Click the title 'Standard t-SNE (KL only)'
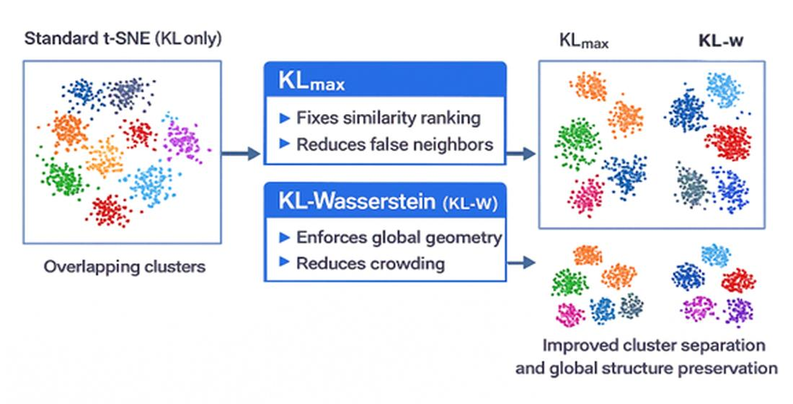coord(123,39)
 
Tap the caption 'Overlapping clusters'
coord(125,267)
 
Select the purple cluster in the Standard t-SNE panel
coord(182,141)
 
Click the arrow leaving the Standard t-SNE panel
coord(241,153)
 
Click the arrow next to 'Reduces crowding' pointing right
coord(521,263)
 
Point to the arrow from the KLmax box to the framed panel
coord(521,153)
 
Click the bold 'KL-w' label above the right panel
coord(721,40)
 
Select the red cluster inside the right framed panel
coord(728,142)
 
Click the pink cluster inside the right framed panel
coord(587,196)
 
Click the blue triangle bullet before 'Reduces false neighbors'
coord(285,144)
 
